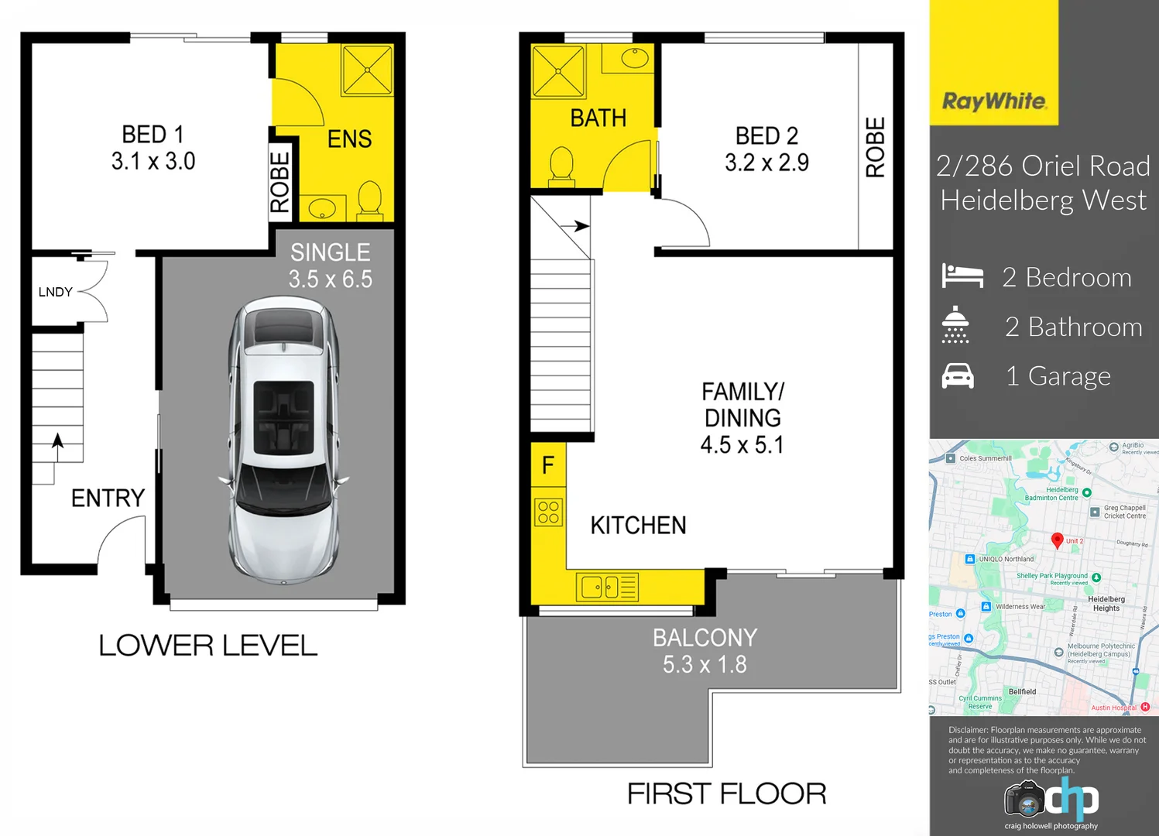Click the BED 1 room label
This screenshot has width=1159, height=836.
point(153,147)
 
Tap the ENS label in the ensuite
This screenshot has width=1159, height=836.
point(349,139)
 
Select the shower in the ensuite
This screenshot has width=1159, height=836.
point(367,70)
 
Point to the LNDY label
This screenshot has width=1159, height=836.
point(55,292)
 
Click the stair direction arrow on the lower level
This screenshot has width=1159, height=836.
point(57,441)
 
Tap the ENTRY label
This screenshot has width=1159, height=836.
point(108,498)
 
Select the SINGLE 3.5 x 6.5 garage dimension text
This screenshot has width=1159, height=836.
point(331,266)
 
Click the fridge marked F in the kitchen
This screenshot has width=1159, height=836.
point(548,465)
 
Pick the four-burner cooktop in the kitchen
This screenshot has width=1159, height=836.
point(548,512)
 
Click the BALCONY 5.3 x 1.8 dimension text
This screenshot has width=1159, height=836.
point(705,651)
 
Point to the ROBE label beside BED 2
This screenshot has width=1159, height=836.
point(875,147)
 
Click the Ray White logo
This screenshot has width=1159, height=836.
point(994,101)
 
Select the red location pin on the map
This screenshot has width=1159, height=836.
point(1057,540)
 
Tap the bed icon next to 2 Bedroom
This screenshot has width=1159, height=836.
point(962,276)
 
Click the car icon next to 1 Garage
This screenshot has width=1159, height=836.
point(958,376)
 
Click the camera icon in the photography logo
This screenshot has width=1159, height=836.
point(1025,800)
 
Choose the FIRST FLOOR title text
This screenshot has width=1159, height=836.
point(726,794)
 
